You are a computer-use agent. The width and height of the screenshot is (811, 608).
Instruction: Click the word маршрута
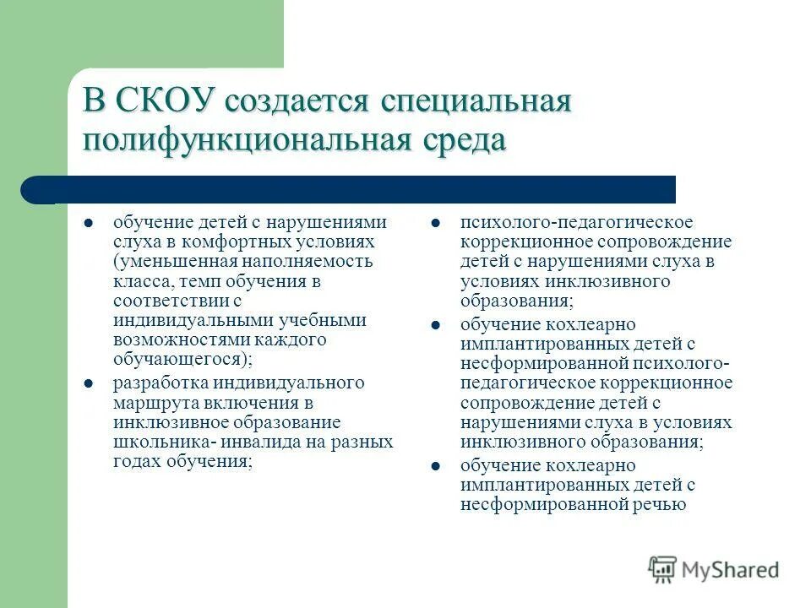click(x=150, y=402)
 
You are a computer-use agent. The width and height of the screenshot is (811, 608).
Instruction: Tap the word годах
click(x=136, y=461)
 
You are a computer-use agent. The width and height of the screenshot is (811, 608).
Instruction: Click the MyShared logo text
click(x=730, y=570)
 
